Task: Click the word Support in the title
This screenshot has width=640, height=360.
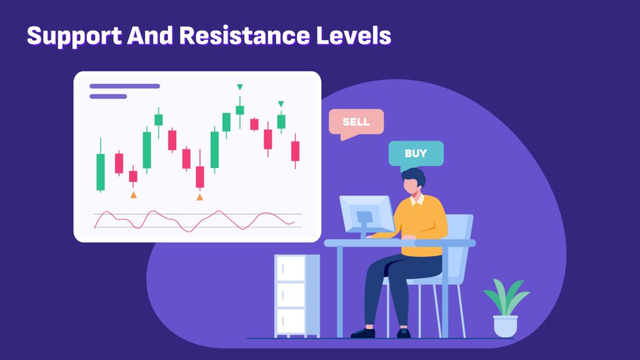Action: [74, 36]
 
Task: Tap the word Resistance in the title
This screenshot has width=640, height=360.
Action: [244, 35]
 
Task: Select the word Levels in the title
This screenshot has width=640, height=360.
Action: [354, 35]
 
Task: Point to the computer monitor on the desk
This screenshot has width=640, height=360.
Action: [366, 215]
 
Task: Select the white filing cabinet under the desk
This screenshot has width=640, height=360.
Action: [297, 296]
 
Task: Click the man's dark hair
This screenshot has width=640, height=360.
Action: [413, 177]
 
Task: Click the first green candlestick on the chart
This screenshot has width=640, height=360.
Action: [101, 166]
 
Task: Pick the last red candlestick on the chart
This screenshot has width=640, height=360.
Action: [295, 151]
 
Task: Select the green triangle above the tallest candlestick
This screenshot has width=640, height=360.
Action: [240, 87]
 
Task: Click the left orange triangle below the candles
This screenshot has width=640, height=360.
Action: [134, 195]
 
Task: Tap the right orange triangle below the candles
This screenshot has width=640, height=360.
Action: [199, 197]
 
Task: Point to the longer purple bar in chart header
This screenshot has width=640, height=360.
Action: [124, 86]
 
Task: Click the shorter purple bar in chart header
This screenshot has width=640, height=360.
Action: [108, 97]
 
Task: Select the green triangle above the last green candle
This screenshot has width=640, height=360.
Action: [281, 104]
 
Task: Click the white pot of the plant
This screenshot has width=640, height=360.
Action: [506, 326]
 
